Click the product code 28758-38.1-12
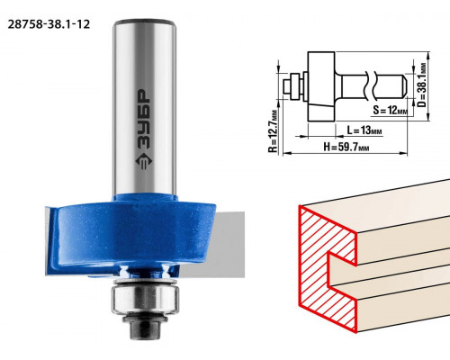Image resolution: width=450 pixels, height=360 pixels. [x=49, y=24]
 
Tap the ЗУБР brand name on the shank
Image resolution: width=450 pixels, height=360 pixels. [x=143, y=120]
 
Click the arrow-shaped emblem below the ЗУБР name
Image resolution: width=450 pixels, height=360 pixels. [x=144, y=161]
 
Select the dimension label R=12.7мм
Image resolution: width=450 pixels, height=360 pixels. [x=273, y=130]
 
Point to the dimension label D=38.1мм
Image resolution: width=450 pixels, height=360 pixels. [x=422, y=85]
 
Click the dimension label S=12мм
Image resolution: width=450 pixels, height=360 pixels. [x=391, y=110]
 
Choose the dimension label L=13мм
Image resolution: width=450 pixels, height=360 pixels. [x=364, y=130]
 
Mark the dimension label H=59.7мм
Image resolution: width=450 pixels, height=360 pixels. [x=346, y=147]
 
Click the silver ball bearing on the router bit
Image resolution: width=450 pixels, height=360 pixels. [x=145, y=298]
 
